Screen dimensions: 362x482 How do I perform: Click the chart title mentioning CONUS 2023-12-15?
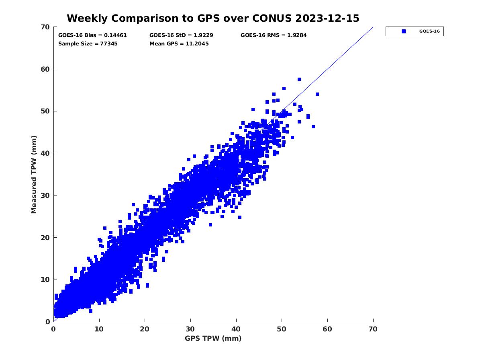tap(213, 19)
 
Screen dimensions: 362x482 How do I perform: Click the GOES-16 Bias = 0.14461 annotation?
tap(92, 35)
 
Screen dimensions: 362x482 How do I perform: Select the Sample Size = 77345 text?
tap(88, 43)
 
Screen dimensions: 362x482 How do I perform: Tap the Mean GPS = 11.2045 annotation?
tap(179, 43)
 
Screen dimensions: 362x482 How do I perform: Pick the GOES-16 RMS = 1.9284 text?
tap(274, 35)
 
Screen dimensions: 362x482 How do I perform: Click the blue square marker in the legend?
tap(404, 31)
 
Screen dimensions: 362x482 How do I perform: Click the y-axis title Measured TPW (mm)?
tap(34, 174)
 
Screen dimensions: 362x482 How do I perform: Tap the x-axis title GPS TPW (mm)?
tap(213, 338)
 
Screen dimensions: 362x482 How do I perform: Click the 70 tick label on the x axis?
tap(373, 329)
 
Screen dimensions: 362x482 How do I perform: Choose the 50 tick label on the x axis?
tap(282, 329)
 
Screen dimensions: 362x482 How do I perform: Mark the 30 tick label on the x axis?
tap(190, 329)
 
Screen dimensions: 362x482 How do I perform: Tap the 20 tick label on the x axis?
tap(145, 329)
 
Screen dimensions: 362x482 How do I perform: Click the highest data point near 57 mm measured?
tap(299, 79)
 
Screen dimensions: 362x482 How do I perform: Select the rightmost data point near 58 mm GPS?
tap(317, 94)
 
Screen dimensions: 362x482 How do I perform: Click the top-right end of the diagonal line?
tap(373, 27)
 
